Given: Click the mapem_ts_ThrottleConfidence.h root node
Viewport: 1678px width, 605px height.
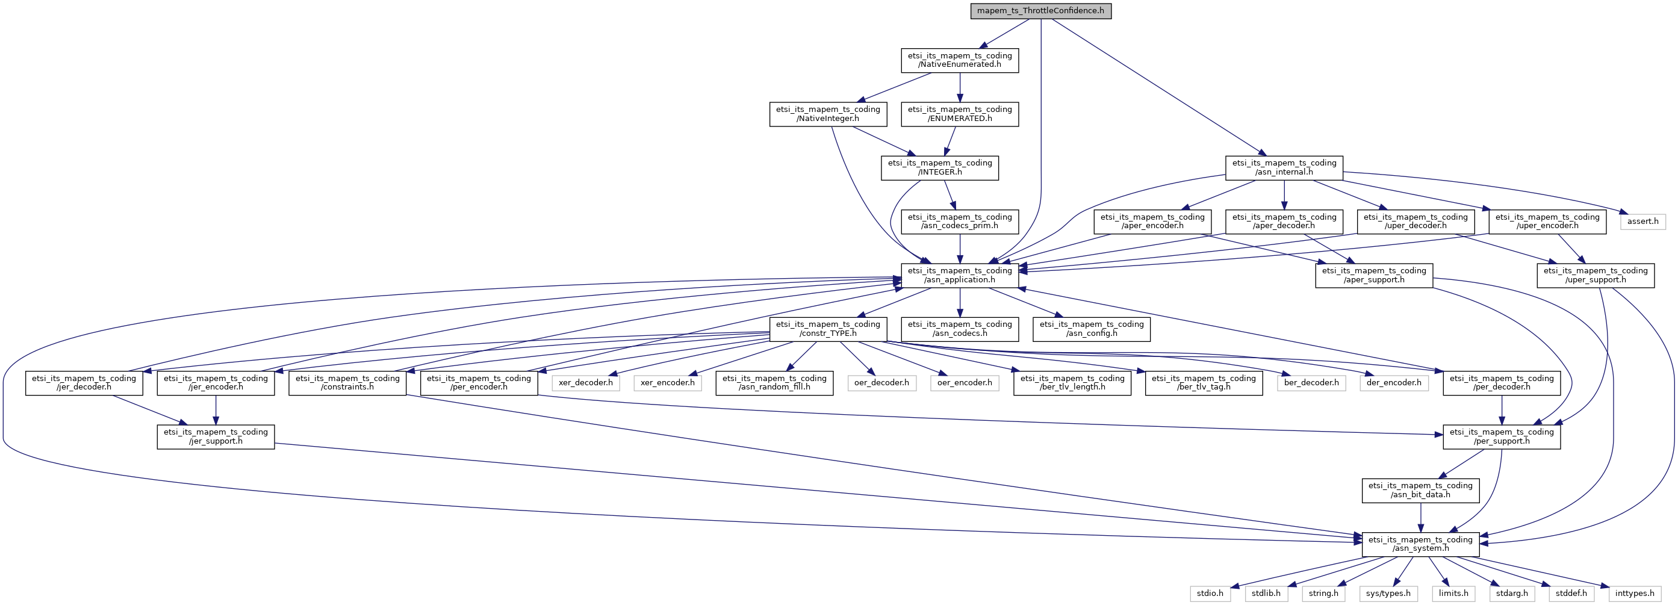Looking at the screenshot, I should pyautogui.click(x=1040, y=11).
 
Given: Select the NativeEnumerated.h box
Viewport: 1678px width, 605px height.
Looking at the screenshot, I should pyautogui.click(x=960, y=60).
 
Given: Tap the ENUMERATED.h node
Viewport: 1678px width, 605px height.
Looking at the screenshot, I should pyautogui.click(x=960, y=114).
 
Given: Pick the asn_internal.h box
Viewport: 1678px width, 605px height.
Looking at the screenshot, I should pyautogui.click(x=1284, y=167).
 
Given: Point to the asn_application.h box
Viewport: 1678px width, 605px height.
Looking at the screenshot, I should pyautogui.click(x=960, y=276).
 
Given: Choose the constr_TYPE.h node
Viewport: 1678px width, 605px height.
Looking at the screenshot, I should pyautogui.click(x=827, y=329).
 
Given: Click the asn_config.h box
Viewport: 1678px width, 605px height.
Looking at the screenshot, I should pyautogui.click(x=1091, y=329).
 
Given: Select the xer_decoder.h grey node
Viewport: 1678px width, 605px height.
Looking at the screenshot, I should pyautogui.click(x=585, y=383).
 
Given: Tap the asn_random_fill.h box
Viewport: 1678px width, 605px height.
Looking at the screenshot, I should pyautogui.click(x=774, y=383).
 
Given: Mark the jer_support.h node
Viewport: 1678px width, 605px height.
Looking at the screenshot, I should pyautogui.click(x=216, y=436).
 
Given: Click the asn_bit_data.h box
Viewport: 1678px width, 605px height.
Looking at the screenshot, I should pyautogui.click(x=1420, y=491).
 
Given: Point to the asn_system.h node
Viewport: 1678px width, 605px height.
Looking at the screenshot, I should pyautogui.click(x=1420, y=544).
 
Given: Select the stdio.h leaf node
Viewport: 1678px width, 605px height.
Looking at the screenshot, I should pyautogui.click(x=1210, y=594).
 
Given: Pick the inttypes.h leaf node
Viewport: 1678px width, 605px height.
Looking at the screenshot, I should pyautogui.click(x=1635, y=594).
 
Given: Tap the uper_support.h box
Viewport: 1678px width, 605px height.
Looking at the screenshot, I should pyautogui.click(x=1596, y=276).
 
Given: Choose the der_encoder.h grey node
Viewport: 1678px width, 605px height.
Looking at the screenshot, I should pyautogui.click(x=1393, y=383).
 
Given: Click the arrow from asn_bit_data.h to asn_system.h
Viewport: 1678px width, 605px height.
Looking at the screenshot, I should pyautogui.click(x=1420, y=518).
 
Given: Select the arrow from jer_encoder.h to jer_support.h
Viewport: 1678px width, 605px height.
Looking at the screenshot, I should pyautogui.click(x=216, y=411).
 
